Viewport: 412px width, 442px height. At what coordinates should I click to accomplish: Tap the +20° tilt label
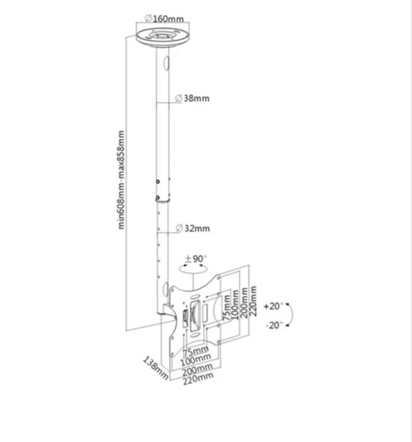tap(273, 307)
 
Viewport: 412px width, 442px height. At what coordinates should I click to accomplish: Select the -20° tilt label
tap(273, 325)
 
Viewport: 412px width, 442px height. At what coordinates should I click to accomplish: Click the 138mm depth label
tap(155, 367)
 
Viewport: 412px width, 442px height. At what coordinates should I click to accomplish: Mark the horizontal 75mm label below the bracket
tap(196, 351)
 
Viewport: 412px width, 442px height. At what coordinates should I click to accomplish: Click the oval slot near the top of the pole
tap(167, 64)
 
